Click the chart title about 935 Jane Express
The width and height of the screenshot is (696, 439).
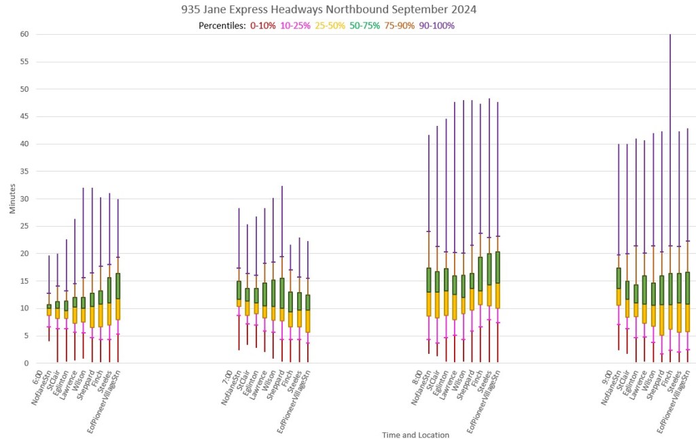[329, 10]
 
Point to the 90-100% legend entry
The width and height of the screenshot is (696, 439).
[437, 26]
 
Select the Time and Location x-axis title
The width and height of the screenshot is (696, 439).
[415, 435]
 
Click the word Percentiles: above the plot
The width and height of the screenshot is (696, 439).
[222, 26]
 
